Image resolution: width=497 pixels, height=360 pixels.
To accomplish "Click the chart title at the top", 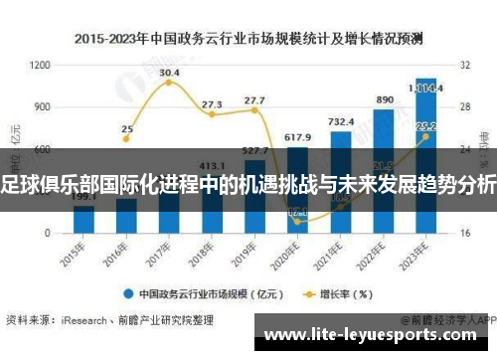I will (x=248, y=40).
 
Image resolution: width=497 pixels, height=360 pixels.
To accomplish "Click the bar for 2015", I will (x=83, y=219).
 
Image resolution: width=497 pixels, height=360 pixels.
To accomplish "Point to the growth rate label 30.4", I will (x=169, y=73).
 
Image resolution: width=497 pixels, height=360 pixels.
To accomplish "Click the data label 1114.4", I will (x=429, y=88).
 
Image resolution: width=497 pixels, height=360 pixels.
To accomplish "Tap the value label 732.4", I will (x=341, y=122).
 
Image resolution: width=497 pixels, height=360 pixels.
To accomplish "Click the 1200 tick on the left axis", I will (x=41, y=65).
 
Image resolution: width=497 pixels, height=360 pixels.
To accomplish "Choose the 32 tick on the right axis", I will (x=464, y=65).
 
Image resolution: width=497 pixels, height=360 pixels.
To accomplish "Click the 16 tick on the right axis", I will (x=464, y=233).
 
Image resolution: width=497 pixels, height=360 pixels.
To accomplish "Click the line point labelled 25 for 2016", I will (x=126, y=148).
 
